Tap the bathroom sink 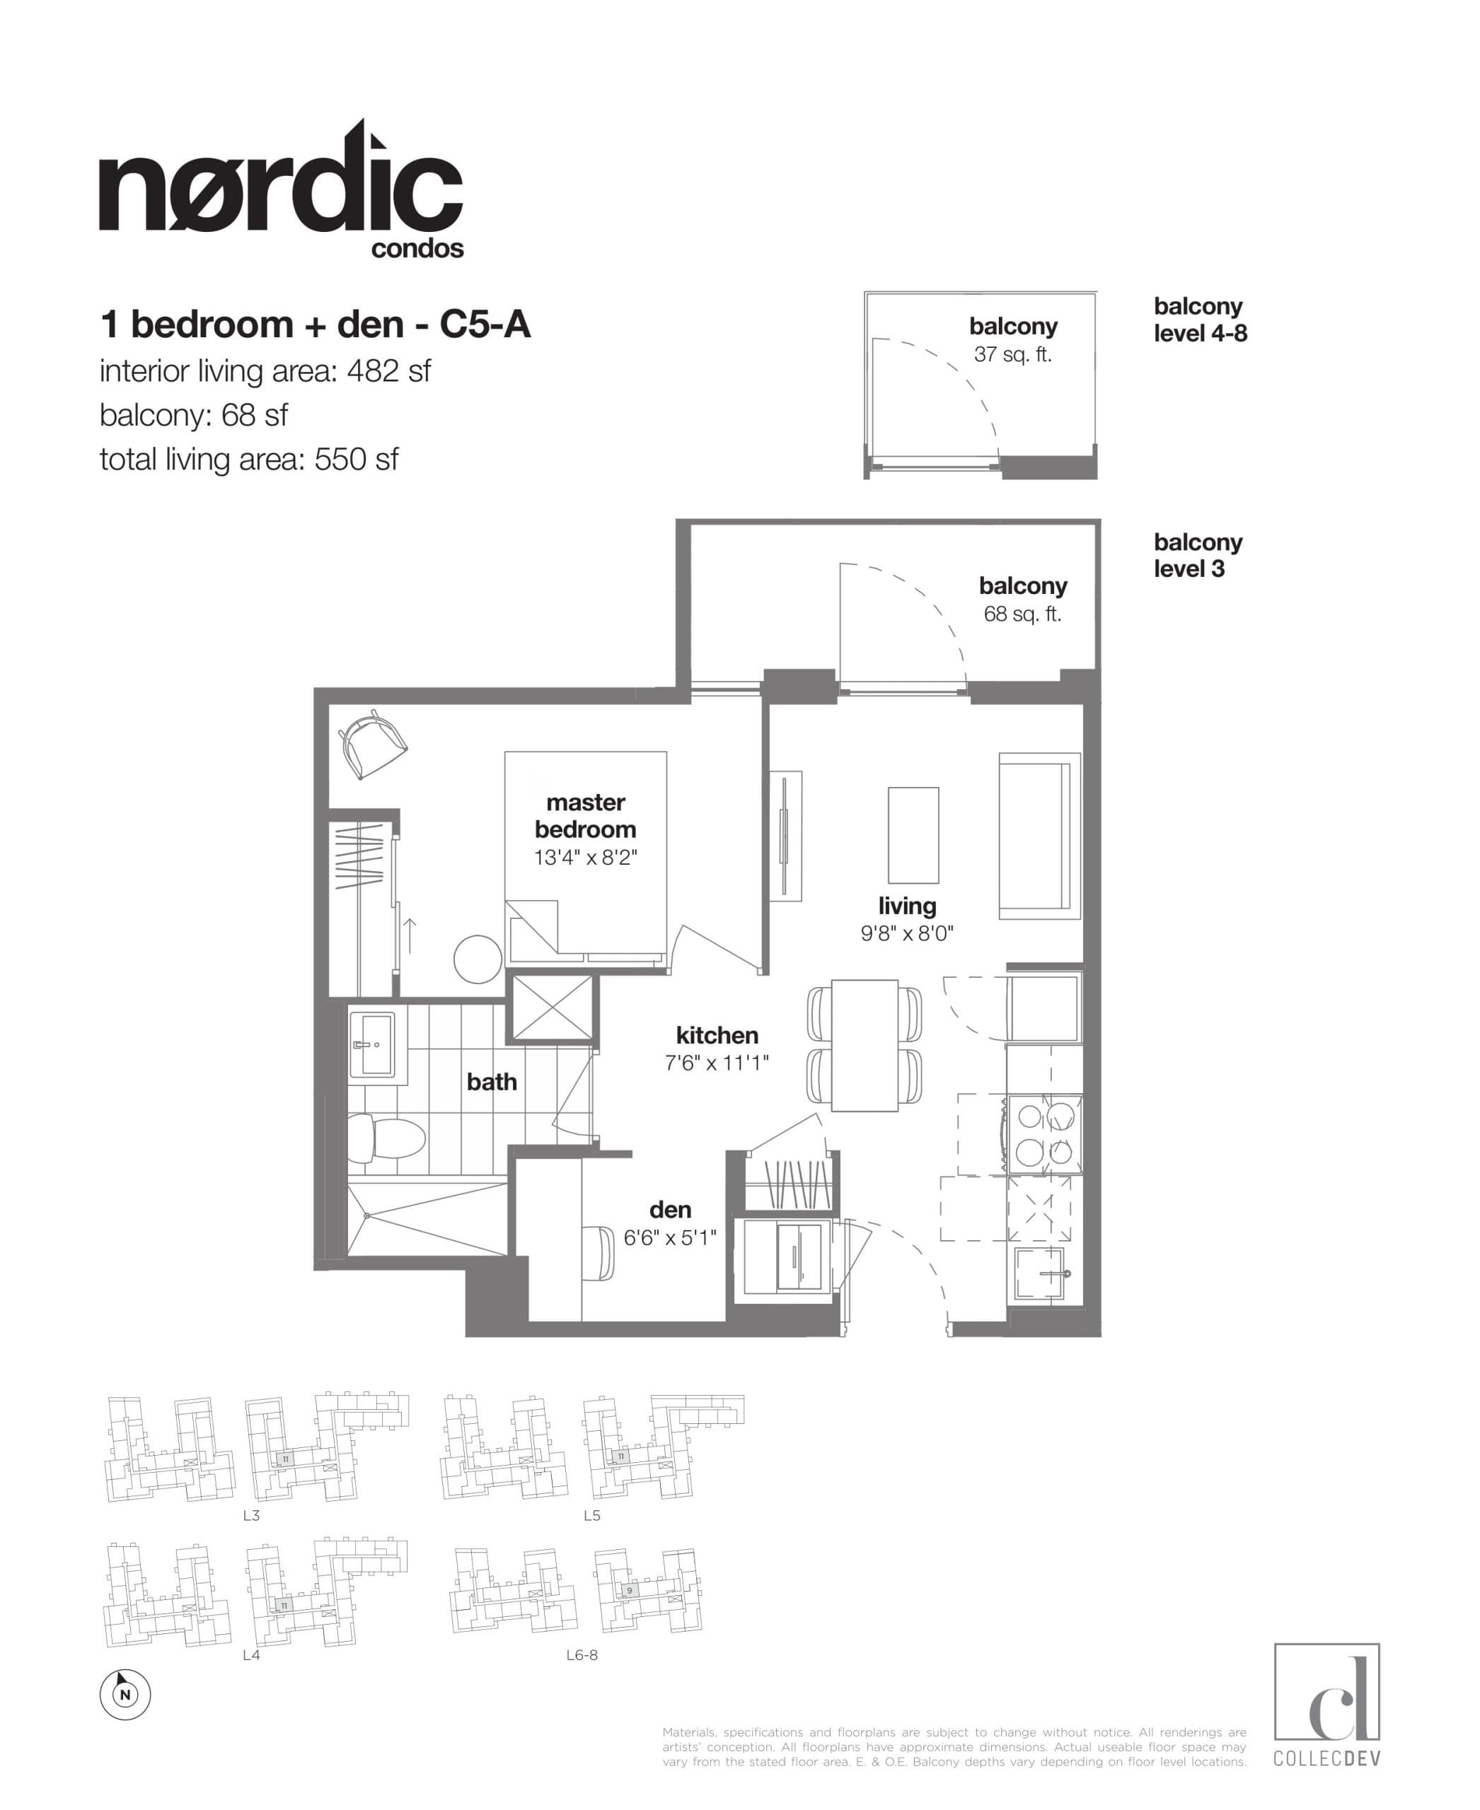[x=373, y=1044]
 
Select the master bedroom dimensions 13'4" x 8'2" [x=586, y=858]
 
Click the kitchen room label [x=717, y=1035]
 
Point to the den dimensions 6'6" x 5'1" [x=669, y=1237]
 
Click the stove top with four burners [x=1045, y=1134]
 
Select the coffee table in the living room [x=913, y=835]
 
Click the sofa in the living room [x=1039, y=835]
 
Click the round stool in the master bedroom [x=478, y=959]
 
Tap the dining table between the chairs [x=865, y=1046]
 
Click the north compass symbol [x=125, y=1695]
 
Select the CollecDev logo [x=1326, y=1707]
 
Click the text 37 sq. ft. [x=1013, y=354]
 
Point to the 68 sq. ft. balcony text [x=1022, y=614]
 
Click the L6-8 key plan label [x=582, y=1656]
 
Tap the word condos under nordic [x=417, y=249]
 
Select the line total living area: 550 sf [x=249, y=460]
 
